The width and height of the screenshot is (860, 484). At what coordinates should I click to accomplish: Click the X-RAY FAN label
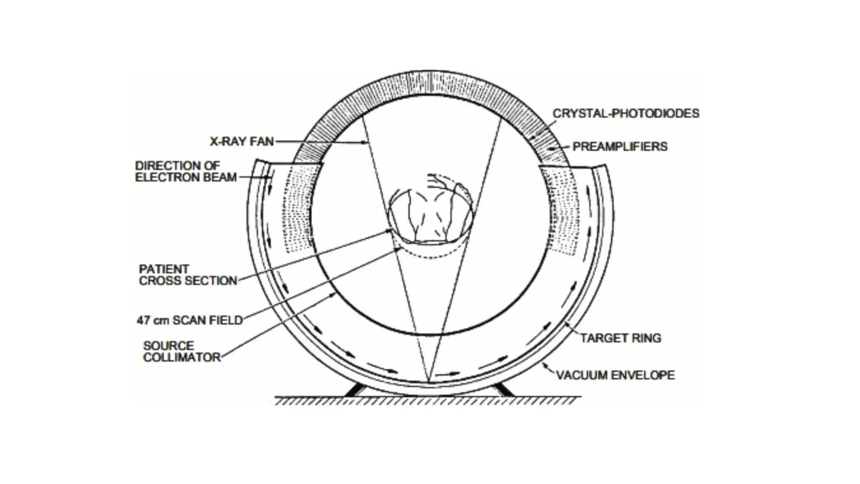coord(242,141)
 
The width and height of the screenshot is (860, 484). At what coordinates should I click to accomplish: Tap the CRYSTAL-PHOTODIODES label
coord(626,113)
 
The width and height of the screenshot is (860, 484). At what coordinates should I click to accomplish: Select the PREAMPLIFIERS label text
coord(620,147)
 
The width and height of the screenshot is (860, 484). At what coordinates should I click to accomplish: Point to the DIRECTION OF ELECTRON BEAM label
coord(186,171)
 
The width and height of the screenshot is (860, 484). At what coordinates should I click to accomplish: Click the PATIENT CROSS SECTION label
coord(188,275)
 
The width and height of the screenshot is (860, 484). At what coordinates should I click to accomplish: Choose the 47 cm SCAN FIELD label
coord(190,320)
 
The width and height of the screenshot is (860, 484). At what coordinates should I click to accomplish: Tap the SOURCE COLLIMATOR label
coord(181,351)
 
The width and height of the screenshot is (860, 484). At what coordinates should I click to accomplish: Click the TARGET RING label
coord(621,338)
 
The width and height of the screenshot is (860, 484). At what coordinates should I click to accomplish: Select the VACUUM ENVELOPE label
coord(615,375)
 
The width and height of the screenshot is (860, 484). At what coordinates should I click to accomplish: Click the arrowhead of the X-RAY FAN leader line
coord(366,143)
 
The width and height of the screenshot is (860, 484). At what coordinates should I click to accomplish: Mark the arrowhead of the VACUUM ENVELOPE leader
coord(544,364)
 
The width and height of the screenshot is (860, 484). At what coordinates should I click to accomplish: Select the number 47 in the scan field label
coord(143,320)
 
